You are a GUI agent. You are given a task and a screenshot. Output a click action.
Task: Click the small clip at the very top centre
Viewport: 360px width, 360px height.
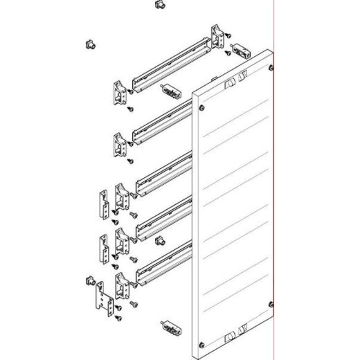point(160,5)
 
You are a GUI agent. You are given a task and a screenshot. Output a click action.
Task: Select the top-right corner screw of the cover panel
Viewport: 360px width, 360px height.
point(269,67)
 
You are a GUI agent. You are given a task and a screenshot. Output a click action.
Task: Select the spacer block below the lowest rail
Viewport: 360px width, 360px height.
point(168,325)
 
